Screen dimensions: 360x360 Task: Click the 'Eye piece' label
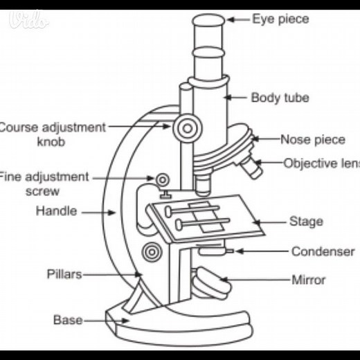(280, 19)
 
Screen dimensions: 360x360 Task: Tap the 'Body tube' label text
(280, 98)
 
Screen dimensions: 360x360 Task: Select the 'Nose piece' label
(312, 139)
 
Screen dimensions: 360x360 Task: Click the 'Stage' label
(305, 222)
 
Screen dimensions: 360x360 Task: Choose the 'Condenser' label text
(323, 251)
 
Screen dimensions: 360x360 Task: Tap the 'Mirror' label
(308, 280)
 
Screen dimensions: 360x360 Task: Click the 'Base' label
(68, 320)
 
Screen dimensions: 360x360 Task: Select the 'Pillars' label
(64, 274)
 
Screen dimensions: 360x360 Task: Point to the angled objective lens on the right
(252, 167)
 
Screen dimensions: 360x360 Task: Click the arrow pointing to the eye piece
(238, 19)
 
